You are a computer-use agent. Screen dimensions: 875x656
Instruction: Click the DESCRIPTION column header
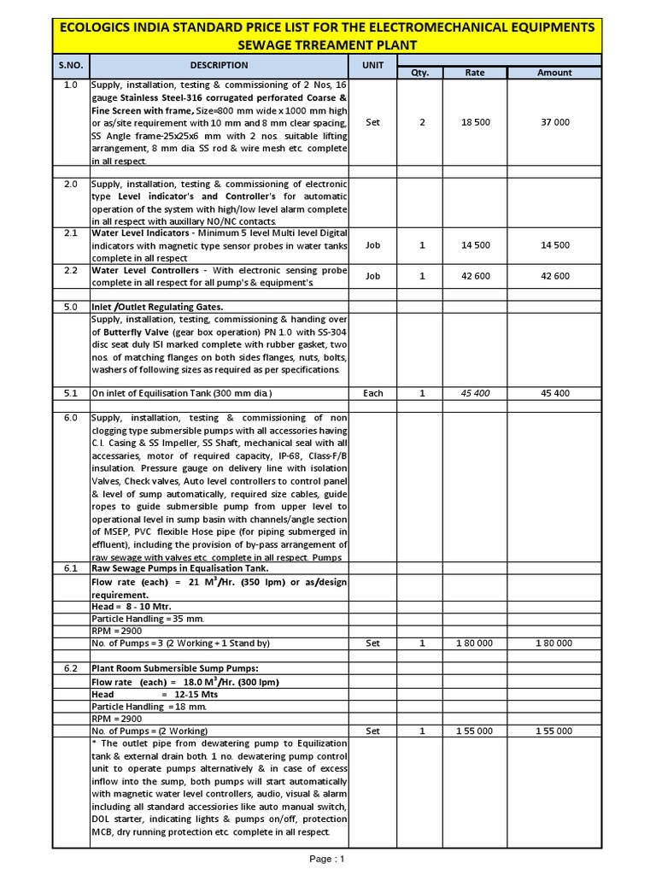219,65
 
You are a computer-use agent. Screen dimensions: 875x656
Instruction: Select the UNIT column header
372,65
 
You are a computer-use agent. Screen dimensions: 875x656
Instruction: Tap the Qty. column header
420,73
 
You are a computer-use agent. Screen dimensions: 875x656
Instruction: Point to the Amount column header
554,73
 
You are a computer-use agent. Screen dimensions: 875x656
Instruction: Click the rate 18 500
475,122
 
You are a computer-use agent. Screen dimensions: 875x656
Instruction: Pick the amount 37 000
554,122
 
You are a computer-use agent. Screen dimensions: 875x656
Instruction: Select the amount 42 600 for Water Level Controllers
554,276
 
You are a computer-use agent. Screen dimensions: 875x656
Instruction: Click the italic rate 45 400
475,393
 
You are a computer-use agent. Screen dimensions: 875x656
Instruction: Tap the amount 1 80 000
554,643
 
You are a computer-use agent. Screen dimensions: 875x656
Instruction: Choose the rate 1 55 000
475,731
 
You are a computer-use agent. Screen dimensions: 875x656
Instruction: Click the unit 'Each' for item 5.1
372,393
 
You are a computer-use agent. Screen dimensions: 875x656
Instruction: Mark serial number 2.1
71,232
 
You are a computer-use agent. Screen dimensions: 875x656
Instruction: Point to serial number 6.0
71,418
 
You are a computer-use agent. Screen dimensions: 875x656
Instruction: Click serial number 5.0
71,307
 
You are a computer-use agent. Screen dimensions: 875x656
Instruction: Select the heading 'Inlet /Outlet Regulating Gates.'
157,307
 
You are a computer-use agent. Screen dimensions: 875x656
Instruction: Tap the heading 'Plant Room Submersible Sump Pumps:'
174,668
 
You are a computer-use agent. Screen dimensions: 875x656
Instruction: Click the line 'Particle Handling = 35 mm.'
147,618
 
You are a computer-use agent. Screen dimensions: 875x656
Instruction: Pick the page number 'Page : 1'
328,859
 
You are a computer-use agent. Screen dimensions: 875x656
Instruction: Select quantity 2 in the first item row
421,122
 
